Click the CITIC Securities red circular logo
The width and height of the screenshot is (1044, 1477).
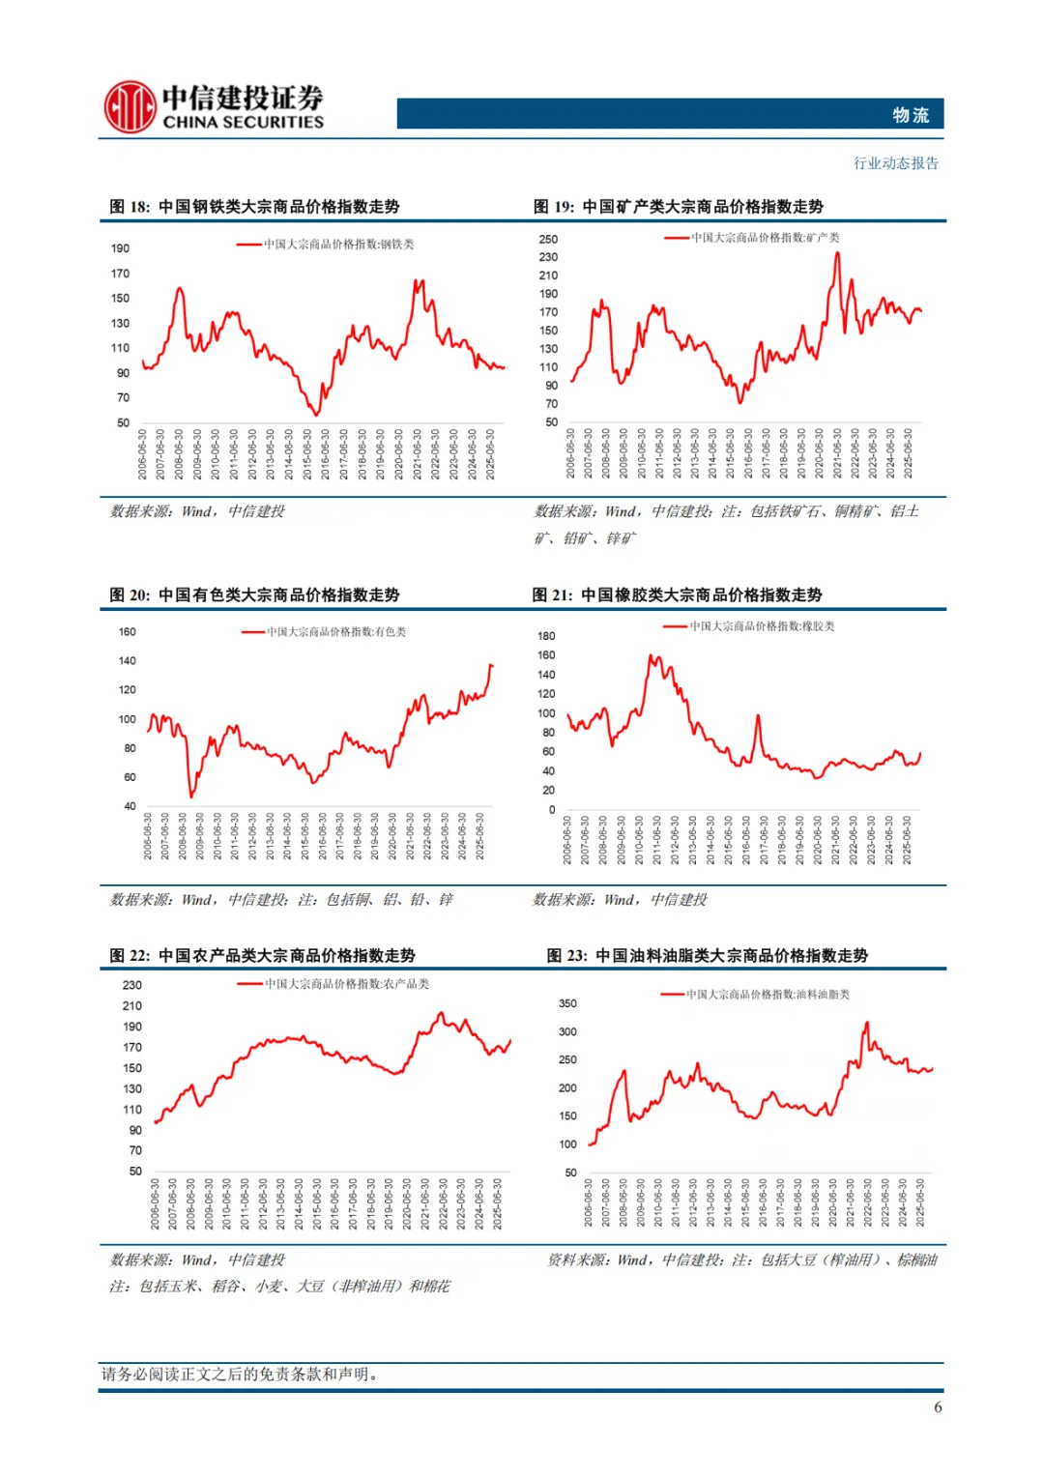(130, 106)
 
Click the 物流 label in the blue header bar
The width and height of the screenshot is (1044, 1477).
(910, 115)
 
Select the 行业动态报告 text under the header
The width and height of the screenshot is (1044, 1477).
(895, 163)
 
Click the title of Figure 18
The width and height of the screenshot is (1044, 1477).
(254, 207)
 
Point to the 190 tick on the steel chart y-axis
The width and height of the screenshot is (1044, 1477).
(120, 248)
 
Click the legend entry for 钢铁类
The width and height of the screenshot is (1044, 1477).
(327, 245)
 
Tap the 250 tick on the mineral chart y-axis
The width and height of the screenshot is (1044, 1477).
(548, 239)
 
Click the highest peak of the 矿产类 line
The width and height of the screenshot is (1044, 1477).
(838, 253)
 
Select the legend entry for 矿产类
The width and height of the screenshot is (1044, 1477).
(753, 238)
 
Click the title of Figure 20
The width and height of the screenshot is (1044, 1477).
(254, 595)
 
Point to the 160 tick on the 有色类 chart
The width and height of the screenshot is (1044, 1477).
(127, 632)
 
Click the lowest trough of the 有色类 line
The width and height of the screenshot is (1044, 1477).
(191, 796)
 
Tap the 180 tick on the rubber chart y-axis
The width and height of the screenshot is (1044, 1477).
(546, 636)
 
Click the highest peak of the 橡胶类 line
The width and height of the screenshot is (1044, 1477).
(651, 656)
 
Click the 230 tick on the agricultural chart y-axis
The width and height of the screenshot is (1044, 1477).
(132, 985)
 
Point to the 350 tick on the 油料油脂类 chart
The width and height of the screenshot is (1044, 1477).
(567, 1004)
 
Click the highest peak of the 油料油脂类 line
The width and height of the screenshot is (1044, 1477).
(867, 1023)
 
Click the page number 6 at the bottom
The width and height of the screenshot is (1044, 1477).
(938, 1407)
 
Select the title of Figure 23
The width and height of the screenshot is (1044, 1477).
(707, 956)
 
